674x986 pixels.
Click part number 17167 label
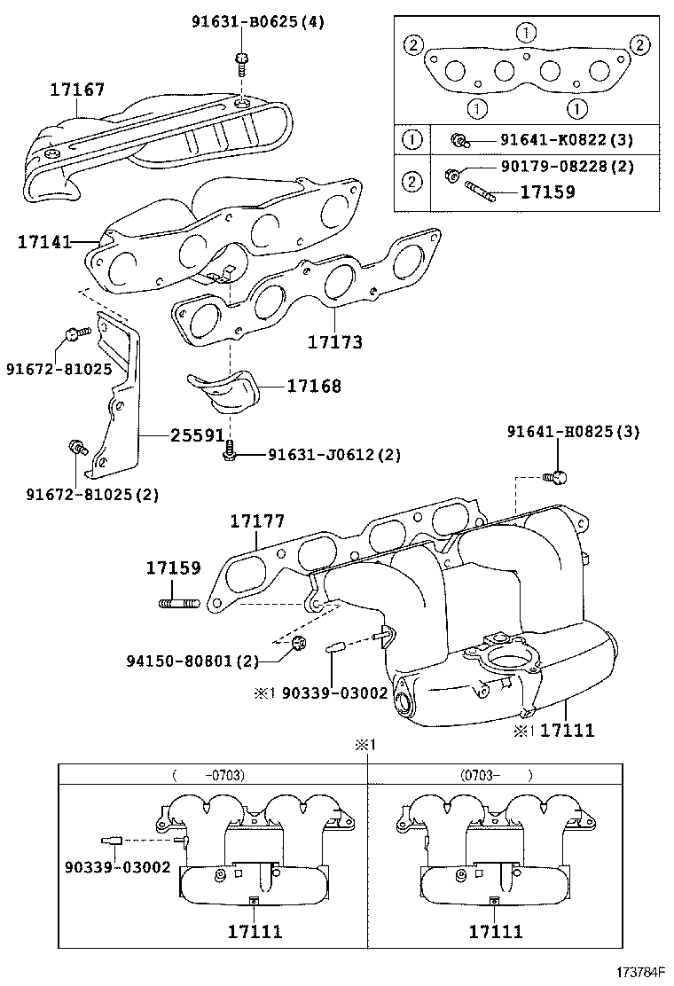pos(77,90)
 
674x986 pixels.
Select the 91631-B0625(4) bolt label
pos(258,23)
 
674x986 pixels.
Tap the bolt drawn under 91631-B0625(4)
pos(241,62)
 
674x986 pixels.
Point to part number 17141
pos(44,241)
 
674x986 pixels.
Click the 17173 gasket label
pos(335,342)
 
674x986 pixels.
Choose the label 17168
pos(314,386)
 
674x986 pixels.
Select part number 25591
pos(198,435)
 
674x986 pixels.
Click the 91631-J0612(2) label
pos(333,454)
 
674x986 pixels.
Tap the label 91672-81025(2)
pos(92,494)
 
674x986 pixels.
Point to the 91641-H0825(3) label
pos(574,432)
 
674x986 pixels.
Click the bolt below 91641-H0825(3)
pos(556,478)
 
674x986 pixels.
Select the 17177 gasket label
pos(257,521)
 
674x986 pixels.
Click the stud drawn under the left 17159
pos(178,604)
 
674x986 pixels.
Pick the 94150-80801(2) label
pos(192,661)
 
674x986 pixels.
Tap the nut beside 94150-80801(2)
pos(299,643)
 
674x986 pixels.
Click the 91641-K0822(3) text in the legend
pos(567,139)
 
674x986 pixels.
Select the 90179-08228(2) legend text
pos(567,167)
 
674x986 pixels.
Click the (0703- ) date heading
pos(496,775)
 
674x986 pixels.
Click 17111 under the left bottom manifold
pos(255,932)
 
